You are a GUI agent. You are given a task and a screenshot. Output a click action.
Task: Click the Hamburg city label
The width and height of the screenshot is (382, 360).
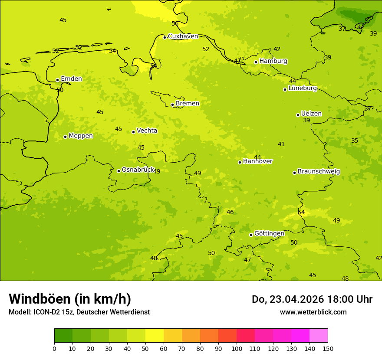pos(273,61)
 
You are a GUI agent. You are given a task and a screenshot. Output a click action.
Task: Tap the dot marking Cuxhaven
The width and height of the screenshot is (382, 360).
pos(165,37)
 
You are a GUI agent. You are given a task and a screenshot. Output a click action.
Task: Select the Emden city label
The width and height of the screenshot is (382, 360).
pos(71,79)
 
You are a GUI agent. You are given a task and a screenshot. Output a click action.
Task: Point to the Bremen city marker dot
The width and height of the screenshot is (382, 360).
pos(172,105)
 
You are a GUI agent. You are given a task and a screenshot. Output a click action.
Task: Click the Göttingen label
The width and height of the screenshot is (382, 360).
pos(269,234)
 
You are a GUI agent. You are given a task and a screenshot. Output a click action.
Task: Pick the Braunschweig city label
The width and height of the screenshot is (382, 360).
pos(319,172)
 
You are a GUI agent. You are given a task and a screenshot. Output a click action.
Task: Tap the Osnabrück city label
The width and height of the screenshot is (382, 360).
pos(138,170)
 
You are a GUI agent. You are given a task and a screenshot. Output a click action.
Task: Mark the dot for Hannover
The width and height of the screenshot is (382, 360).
pos(240,162)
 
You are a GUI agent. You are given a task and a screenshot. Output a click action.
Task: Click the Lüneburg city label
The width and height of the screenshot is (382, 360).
pos(303,88)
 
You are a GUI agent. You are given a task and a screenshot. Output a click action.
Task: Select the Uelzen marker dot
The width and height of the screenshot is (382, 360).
pos(298,115)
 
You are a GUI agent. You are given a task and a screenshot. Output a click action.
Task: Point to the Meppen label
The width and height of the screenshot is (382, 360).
pos(81,136)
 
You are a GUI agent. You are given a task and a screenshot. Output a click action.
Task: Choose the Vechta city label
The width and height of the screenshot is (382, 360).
pos(147,131)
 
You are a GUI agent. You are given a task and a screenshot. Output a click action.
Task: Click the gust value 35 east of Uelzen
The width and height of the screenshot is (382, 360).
pos(355,141)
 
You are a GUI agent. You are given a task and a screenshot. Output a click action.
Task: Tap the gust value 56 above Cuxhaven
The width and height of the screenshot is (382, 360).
pos(175,24)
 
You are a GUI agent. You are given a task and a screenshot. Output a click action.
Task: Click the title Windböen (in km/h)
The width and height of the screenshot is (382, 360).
pos(70,299)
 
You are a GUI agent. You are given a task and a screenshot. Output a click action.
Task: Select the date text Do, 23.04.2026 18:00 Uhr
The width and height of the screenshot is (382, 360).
pos(312,299)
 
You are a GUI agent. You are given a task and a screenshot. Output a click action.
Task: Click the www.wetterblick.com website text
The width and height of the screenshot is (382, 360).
pos(313,312)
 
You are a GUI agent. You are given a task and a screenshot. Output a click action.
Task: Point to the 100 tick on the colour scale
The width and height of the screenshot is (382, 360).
pos(237,348)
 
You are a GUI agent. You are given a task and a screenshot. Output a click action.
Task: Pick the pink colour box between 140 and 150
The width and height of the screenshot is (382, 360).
pos(319,336)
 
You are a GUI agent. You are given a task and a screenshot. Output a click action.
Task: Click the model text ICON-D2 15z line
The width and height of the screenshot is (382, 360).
pos(79,312)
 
